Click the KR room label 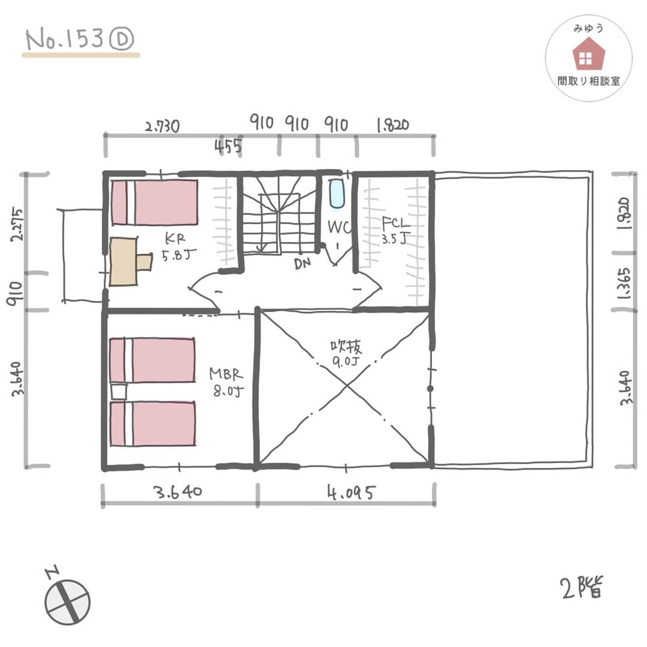[x=175, y=238]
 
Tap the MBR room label [x=226, y=374]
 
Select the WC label [x=338, y=226]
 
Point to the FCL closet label [x=396, y=223]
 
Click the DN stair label [x=303, y=264]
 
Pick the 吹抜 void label [x=346, y=347]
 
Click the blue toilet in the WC [x=337, y=193]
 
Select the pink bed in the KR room [x=155, y=202]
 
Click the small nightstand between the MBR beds [x=119, y=391]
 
